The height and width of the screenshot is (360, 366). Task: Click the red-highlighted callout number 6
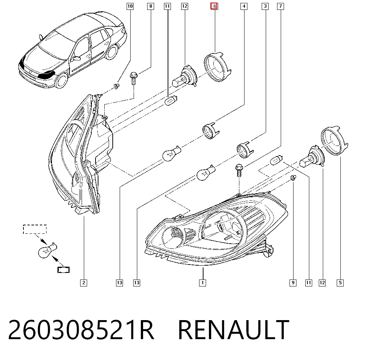(214, 6)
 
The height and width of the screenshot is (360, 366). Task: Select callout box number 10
(130, 6)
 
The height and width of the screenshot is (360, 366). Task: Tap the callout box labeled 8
(150, 6)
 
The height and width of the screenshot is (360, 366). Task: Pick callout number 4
(244, 6)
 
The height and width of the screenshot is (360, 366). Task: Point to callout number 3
(265, 6)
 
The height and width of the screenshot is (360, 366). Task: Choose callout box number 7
(281, 6)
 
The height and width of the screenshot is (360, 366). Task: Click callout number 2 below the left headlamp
(83, 283)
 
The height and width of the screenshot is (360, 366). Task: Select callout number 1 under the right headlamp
(203, 283)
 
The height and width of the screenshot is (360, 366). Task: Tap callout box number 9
(293, 283)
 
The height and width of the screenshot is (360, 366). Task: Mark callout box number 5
(340, 283)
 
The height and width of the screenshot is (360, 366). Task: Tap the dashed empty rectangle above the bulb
(35, 229)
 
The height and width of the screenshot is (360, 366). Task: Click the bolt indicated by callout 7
(239, 170)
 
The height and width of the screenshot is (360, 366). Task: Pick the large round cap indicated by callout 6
(217, 67)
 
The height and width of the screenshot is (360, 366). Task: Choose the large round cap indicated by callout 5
(334, 141)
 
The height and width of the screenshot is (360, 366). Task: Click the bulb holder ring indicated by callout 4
(211, 131)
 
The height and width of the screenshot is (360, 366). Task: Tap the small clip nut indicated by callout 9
(294, 178)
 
